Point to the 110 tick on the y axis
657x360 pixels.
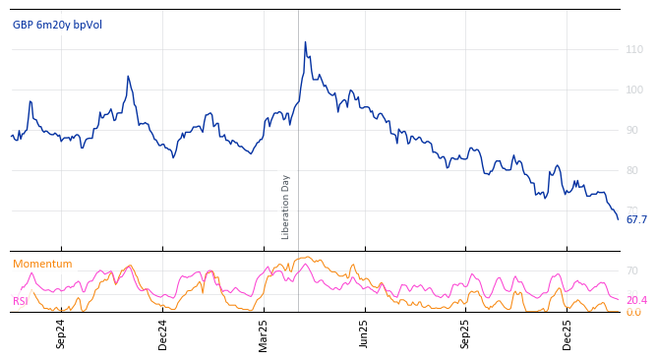point(634,49)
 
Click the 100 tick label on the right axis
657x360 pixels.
point(634,90)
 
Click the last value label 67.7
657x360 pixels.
point(636,219)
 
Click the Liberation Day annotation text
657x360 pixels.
point(285,207)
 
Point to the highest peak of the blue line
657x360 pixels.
point(305,42)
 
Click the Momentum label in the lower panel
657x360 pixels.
point(42,264)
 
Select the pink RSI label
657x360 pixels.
point(21,301)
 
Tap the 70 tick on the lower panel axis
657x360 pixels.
point(632,270)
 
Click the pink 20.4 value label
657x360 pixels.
point(636,300)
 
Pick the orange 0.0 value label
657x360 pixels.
point(633,312)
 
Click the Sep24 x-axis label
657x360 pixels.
point(61,334)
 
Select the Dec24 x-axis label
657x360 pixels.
point(162,334)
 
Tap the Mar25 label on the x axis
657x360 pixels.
point(264,334)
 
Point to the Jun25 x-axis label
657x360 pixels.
point(364,334)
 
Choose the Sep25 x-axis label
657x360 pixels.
point(465,334)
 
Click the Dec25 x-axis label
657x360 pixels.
point(567,334)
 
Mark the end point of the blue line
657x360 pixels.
point(618,218)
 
